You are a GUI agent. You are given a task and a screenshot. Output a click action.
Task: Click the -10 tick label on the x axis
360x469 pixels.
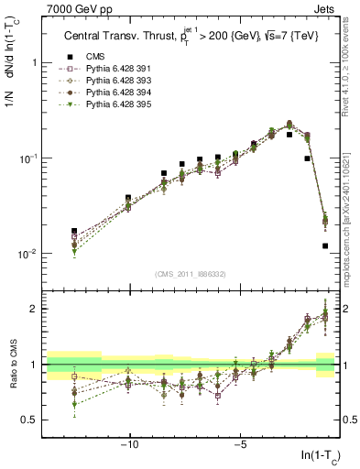[x=129, y=446]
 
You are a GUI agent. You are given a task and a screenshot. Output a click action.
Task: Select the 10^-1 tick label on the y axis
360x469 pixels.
[x=30, y=158]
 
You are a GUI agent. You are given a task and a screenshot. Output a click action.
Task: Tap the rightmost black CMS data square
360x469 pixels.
[x=325, y=245]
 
